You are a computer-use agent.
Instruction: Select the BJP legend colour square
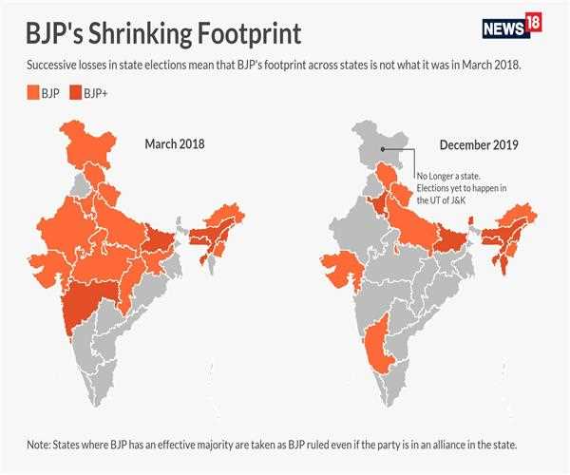[x=30, y=93]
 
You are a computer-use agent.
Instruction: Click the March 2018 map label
[x=175, y=143]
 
